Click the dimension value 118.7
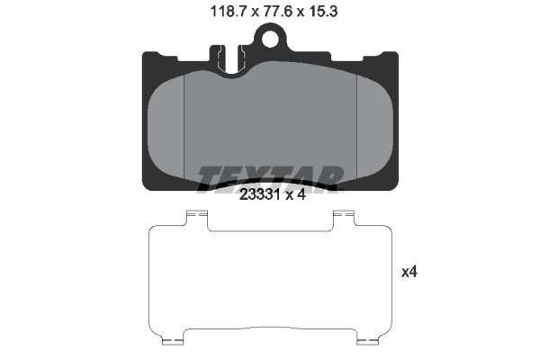[228, 12]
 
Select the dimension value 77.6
[277, 12]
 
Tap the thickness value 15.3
[323, 12]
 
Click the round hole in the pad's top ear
[270, 39]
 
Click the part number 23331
[259, 195]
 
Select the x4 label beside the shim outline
[409, 272]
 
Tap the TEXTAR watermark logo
[270, 178]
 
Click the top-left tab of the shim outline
[197, 219]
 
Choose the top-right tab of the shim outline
[344, 219]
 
